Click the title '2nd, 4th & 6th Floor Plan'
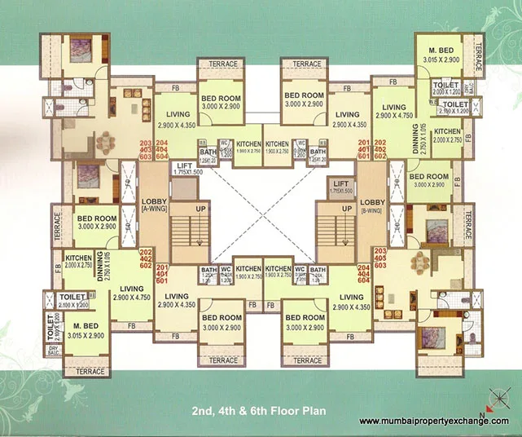(x=260, y=411)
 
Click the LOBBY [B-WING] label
(x=371, y=205)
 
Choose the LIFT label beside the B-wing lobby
(x=341, y=185)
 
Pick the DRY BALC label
(x=55, y=352)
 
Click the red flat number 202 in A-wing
(x=147, y=252)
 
